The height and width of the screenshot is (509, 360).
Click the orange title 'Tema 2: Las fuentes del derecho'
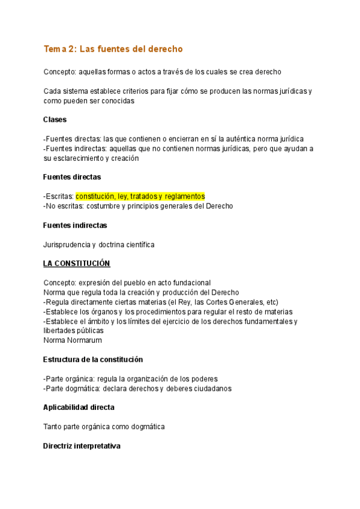pos(113,48)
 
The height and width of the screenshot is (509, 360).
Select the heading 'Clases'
pos(55,119)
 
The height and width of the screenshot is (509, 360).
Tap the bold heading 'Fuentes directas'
pos(72,177)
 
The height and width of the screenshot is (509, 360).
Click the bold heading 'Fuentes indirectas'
pos(75,225)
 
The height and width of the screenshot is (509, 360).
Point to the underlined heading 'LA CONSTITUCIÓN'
pos(76,264)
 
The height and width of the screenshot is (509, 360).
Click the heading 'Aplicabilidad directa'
pos(79,408)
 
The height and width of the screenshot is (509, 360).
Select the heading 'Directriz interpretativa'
pos(82,446)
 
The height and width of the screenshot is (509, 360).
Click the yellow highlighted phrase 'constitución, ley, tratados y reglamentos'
pos(140,196)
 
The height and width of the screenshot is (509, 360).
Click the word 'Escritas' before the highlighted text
pos(59,196)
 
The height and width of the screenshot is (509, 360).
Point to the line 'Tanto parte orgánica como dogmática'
pos(104,427)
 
